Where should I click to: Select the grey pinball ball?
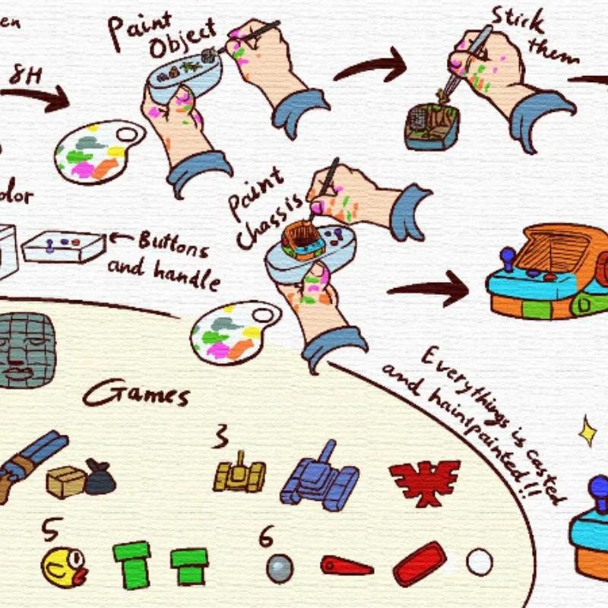click(x=280, y=567)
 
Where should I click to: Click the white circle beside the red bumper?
click(x=480, y=562)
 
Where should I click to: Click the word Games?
click(x=136, y=395)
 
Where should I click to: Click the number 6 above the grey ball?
click(x=265, y=536)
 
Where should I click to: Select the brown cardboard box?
click(x=66, y=481)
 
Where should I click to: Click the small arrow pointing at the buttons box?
click(x=121, y=238)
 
